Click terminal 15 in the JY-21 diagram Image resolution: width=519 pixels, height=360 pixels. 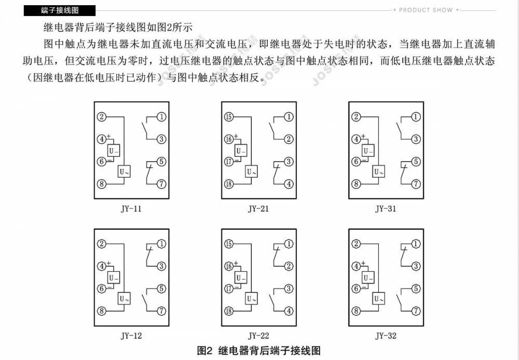point(229,117)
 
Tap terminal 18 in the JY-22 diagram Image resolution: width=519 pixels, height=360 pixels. point(229,311)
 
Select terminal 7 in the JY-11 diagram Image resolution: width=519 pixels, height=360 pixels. point(161,184)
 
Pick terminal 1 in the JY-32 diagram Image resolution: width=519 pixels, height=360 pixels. point(416,244)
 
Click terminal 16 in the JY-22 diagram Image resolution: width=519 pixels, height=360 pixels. point(229,266)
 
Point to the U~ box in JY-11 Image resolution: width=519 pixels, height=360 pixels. point(124,171)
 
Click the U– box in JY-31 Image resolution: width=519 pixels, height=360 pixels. point(368,150)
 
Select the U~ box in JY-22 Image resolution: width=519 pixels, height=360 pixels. point(251,299)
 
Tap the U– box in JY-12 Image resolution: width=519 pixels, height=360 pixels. point(114,277)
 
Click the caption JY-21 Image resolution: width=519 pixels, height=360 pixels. point(258,209)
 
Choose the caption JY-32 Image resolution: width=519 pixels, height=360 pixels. point(386,336)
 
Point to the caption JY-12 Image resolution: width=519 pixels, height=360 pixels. point(131,336)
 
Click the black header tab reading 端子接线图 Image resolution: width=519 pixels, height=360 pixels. point(60,10)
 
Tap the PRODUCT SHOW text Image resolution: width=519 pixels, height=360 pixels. point(426,10)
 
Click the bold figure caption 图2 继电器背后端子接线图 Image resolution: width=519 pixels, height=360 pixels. point(258,351)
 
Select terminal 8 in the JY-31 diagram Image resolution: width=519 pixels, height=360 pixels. point(356,184)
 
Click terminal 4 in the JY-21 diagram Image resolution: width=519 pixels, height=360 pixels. point(289,184)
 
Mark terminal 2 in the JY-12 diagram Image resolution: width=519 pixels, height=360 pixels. point(102,244)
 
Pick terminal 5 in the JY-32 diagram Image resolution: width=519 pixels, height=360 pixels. point(416,289)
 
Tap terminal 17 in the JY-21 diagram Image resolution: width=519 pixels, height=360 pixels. point(229,162)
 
